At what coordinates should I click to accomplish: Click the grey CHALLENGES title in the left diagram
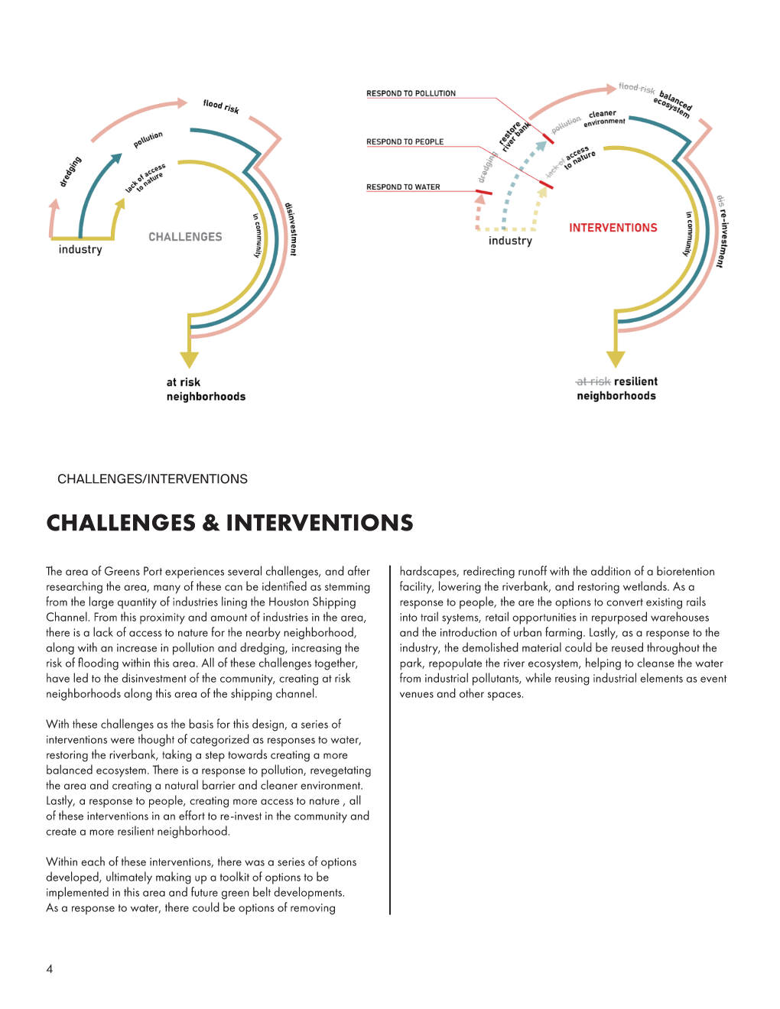(185, 237)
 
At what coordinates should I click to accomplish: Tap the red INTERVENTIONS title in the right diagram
(613, 228)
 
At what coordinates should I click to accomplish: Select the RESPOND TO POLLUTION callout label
(411, 93)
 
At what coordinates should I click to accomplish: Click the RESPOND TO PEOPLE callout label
(405, 141)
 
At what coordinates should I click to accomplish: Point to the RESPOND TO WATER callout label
(403, 187)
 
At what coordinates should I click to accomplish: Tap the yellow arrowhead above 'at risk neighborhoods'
(190, 359)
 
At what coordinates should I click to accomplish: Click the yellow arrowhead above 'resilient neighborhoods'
(616, 359)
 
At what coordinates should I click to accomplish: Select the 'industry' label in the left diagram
(80, 249)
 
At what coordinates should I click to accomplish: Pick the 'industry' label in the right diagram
(510, 241)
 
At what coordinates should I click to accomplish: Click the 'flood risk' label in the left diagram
(221, 106)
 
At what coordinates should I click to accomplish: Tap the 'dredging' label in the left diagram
(70, 171)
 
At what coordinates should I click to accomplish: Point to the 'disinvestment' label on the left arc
(291, 229)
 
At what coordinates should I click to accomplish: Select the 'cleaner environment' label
(604, 117)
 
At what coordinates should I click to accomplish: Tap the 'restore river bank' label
(514, 135)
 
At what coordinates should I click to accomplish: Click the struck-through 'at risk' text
(593, 381)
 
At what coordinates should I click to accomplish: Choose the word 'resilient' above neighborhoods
(635, 381)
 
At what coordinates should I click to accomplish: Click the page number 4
(50, 969)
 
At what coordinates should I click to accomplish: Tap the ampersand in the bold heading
(210, 523)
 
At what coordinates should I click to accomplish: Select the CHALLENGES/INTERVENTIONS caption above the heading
(152, 479)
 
